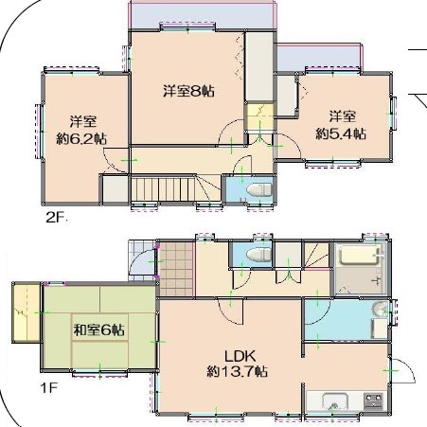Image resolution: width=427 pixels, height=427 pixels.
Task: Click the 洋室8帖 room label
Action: (x=188, y=91)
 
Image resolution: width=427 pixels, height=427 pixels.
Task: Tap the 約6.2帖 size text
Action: (x=81, y=139)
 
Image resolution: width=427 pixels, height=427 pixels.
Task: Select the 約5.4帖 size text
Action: (x=341, y=133)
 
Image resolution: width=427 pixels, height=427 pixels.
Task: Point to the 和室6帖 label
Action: (x=98, y=330)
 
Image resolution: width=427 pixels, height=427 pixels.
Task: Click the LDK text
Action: (x=240, y=356)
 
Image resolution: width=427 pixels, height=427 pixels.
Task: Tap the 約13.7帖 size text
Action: (x=237, y=371)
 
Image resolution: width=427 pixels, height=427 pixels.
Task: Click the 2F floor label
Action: (x=55, y=217)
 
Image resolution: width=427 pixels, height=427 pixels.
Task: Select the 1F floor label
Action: (x=49, y=387)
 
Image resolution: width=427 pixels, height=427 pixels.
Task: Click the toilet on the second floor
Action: (x=258, y=190)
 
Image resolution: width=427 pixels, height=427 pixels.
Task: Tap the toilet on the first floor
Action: (x=258, y=255)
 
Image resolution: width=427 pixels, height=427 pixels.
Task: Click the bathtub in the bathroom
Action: (x=359, y=256)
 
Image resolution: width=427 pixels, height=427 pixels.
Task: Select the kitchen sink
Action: (x=335, y=401)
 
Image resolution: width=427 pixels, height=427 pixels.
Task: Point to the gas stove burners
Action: (x=374, y=401)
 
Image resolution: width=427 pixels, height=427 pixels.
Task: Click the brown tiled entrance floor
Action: (x=176, y=269)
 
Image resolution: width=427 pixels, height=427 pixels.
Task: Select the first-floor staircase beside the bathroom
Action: (x=316, y=256)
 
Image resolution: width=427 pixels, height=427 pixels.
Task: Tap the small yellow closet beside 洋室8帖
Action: (x=259, y=116)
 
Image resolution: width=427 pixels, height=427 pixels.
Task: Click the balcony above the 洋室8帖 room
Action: (x=202, y=15)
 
